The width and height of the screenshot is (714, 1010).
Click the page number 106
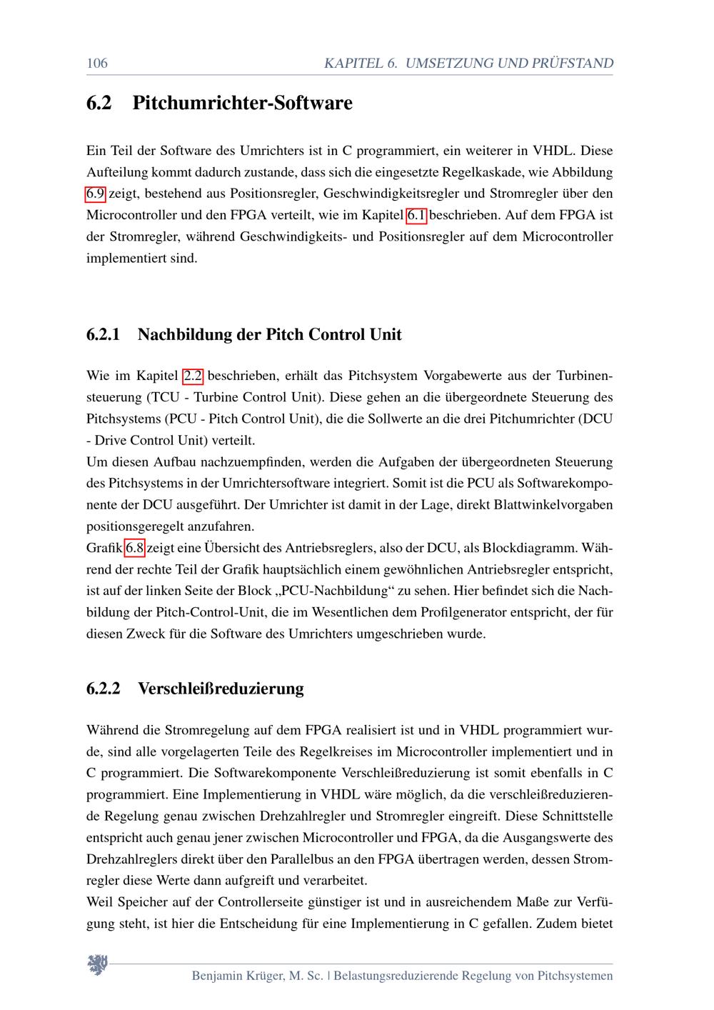point(96,63)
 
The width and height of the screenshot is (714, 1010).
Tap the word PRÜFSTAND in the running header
point(572,63)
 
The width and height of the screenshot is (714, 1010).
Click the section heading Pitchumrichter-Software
point(242,103)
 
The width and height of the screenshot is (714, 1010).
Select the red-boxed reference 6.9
point(96,193)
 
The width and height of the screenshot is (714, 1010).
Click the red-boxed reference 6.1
point(416,214)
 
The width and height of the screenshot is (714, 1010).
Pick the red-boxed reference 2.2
point(193,375)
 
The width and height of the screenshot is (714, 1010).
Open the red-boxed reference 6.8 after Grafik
point(135,548)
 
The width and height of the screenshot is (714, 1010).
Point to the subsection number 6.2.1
point(104,334)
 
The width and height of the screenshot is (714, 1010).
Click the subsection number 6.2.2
point(104,689)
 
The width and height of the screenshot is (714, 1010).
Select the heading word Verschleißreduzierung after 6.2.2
point(221,689)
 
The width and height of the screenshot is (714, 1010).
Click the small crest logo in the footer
point(97,965)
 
